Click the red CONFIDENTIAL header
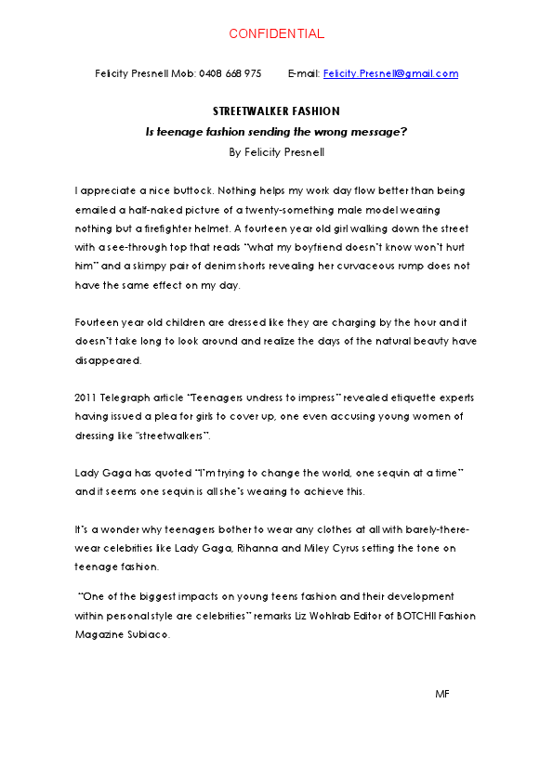tap(276, 34)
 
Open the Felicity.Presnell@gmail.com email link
tap(390, 73)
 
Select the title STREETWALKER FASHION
tap(276, 111)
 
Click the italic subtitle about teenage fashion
tap(276, 132)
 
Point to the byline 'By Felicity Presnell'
tap(276, 151)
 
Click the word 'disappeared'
tap(105, 359)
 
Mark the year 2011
tap(86, 398)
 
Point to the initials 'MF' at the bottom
tap(441, 695)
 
